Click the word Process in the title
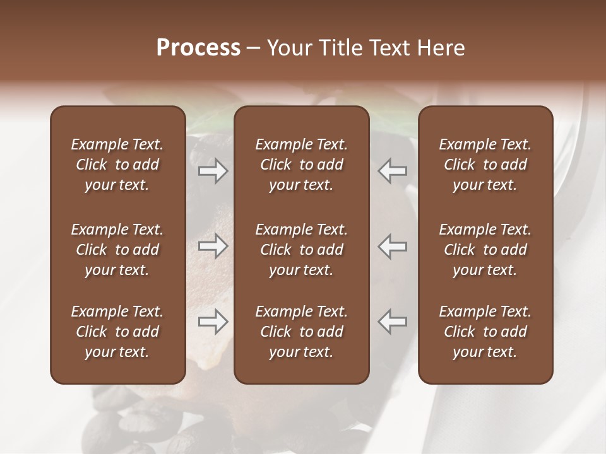(x=198, y=48)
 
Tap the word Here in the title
(x=440, y=48)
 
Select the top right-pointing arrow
(x=213, y=171)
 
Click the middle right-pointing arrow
(x=213, y=246)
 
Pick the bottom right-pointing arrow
(x=213, y=322)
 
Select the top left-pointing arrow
(x=393, y=171)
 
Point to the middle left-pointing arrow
(x=393, y=246)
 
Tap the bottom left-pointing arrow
(x=393, y=321)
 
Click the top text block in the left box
(x=117, y=165)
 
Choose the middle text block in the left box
(x=117, y=250)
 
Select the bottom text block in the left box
(x=117, y=332)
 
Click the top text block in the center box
(x=302, y=165)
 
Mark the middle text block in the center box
(x=302, y=250)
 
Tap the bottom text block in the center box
(x=302, y=332)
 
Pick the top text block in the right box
(x=485, y=165)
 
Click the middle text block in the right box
(x=485, y=250)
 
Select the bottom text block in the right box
(x=485, y=332)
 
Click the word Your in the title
(x=287, y=48)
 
